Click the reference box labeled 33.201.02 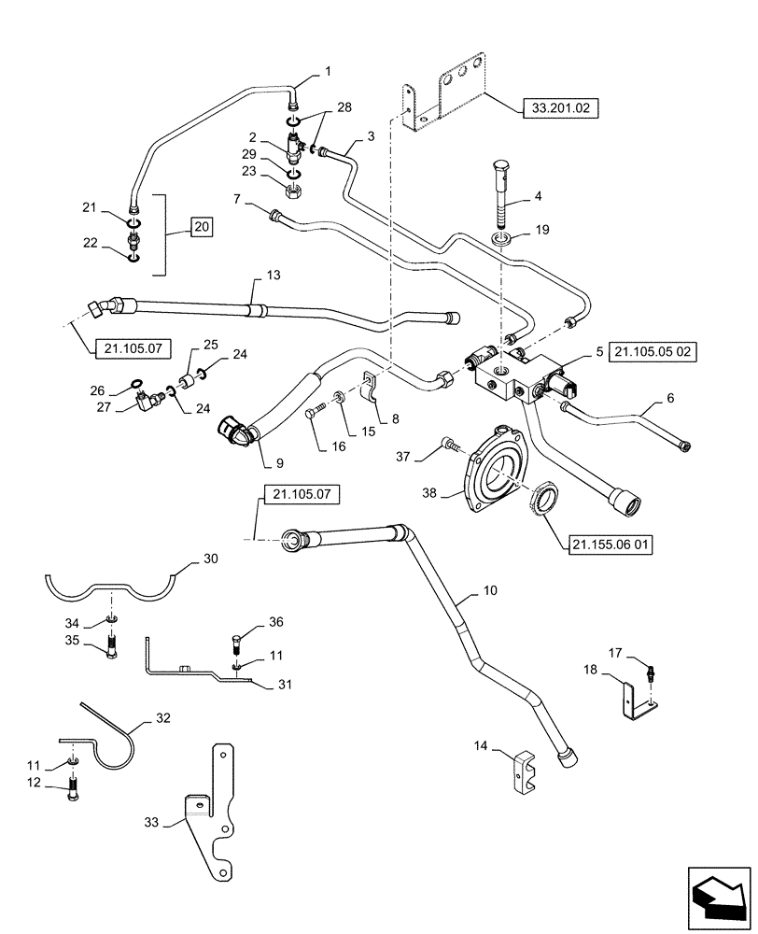pyautogui.click(x=554, y=108)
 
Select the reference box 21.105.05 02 pyautogui.click(x=657, y=353)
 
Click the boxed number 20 pyautogui.click(x=202, y=227)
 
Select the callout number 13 pyautogui.click(x=273, y=276)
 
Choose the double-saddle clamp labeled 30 pyautogui.click(x=114, y=587)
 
